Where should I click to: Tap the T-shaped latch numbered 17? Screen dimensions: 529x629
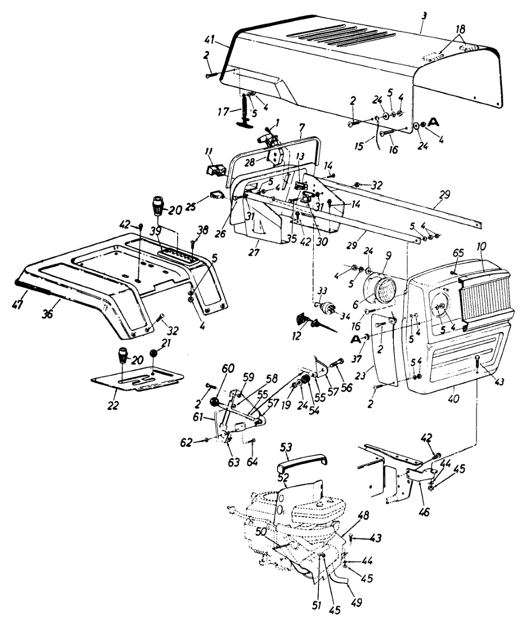pos(244,111)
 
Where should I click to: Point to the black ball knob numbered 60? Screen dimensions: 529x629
pos(214,402)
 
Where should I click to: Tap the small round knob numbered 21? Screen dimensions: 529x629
pos(154,354)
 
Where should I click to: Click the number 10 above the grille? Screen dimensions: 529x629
pos(481,247)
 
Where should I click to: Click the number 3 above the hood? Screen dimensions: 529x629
pos(424,17)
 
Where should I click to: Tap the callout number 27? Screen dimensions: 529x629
pos(254,252)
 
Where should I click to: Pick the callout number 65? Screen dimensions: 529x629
pos(458,253)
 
